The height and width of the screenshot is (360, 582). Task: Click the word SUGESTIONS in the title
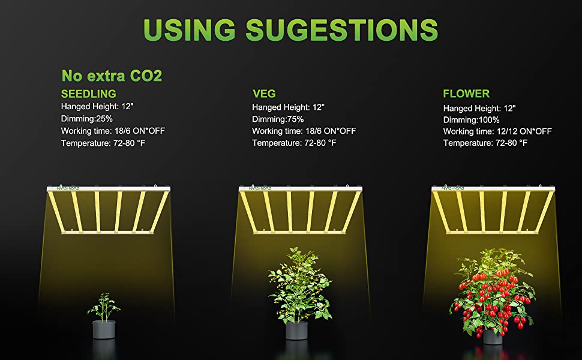pyautogui.click(x=342, y=29)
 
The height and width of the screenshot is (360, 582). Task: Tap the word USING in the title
pyautogui.click(x=189, y=29)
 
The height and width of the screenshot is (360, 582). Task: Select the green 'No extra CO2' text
pyautogui.click(x=112, y=76)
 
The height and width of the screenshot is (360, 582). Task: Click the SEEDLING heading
pyautogui.click(x=89, y=94)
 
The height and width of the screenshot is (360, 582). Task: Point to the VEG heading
pyautogui.click(x=264, y=94)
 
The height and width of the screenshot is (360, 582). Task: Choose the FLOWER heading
pyautogui.click(x=466, y=94)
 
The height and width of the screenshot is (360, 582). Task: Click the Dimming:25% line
pyautogui.click(x=87, y=119)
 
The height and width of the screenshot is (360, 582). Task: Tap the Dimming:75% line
pyautogui.click(x=278, y=119)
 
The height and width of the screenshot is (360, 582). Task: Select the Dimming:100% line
pyautogui.click(x=472, y=120)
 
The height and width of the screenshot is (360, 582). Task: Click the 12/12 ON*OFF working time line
pyautogui.click(x=497, y=131)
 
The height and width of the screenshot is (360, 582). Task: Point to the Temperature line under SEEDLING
pyautogui.click(x=103, y=143)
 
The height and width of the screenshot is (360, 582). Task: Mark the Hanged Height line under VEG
pyautogui.click(x=289, y=107)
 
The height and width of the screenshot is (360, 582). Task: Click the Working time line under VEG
pyautogui.click(x=304, y=131)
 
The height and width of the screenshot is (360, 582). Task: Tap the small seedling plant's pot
pyautogui.click(x=104, y=329)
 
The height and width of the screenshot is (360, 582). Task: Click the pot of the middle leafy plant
pyautogui.click(x=297, y=331)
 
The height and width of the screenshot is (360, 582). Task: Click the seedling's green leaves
pyautogui.click(x=104, y=306)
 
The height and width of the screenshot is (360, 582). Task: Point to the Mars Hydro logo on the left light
pyautogui.click(x=68, y=188)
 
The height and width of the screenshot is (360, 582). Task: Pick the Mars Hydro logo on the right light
pyautogui.click(x=453, y=188)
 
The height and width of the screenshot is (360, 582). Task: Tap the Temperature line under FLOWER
pyautogui.click(x=485, y=143)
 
